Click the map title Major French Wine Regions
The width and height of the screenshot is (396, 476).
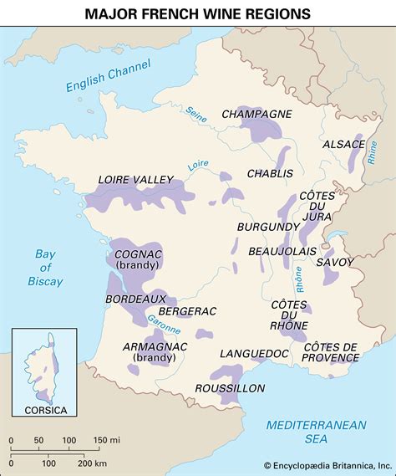pyautogui.click(x=198, y=13)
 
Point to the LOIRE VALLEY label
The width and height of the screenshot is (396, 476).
pyautogui.click(x=135, y=179)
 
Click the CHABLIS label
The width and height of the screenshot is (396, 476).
pyautogui.click(x=270, y=173)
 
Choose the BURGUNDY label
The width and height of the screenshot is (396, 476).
pyautogui.click(x=267, y=227)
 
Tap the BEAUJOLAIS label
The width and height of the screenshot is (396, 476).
pyautogui.click(x=279, y=251)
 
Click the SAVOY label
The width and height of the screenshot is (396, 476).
pyautogui.click(x=335, y=262)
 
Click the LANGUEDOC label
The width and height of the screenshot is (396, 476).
pyautogui.click(x=254, y=354)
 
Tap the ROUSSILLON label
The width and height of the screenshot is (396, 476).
pyautogui.click(x=230, y=388)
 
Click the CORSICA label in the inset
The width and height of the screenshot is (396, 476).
pyautogui.click(x=43, y=410)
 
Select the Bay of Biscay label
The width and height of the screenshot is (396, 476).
pyautogui.click(x=43, y=268)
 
